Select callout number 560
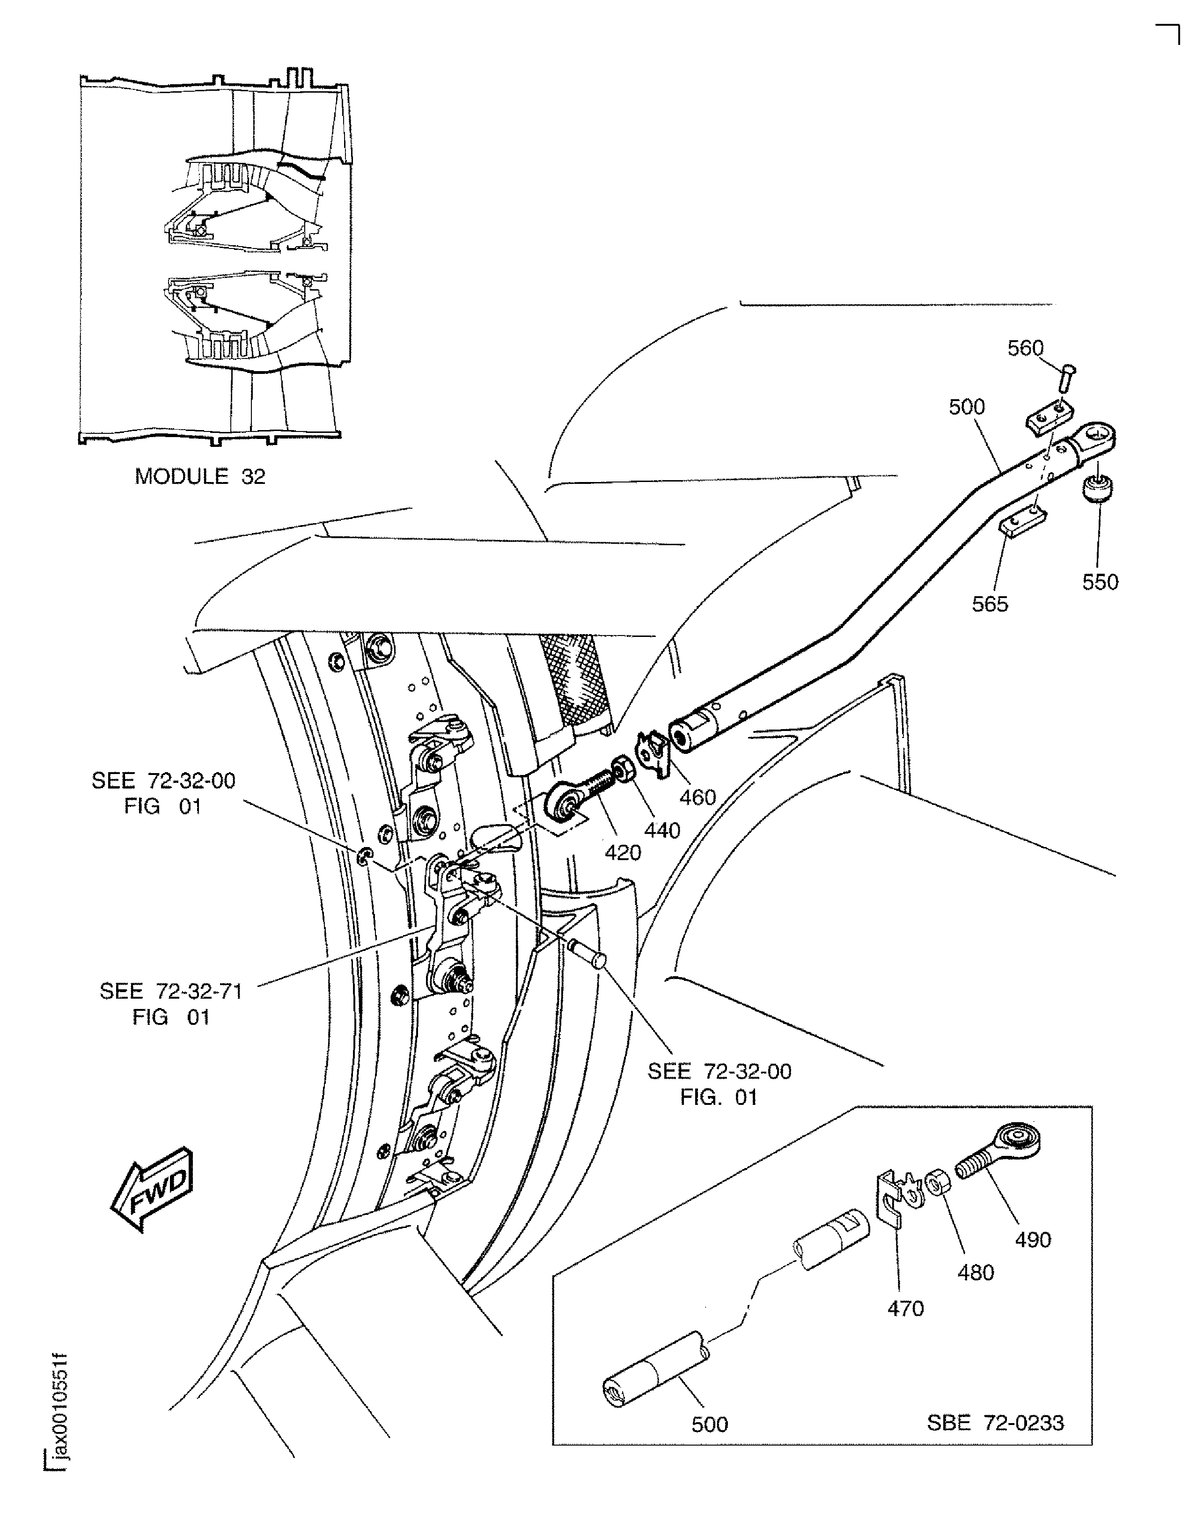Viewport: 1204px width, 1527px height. [1025, 348]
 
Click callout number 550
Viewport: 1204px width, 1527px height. [1101, 582]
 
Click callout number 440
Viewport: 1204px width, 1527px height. [662, 830]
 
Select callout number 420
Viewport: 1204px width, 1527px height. [623, 853]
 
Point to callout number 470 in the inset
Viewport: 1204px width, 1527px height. [905, 1308]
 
